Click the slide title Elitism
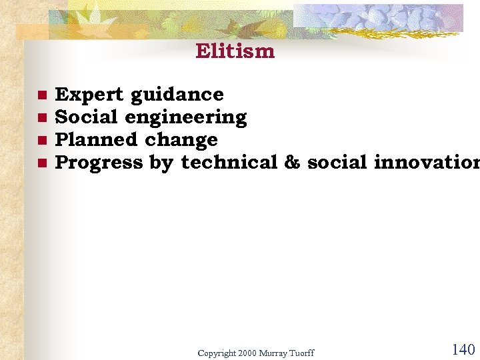(235, 51)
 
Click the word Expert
(89, 95)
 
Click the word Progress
(99, 163)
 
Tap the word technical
(229, 162)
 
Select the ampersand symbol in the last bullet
(292, 162)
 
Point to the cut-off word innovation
(427, 162)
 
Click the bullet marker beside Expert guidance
(41, 95)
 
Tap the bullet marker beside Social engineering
(41, 117)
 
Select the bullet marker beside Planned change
(41, 140)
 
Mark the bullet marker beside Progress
(41, 162)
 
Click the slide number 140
(463, 350)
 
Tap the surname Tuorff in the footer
(301, 353)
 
